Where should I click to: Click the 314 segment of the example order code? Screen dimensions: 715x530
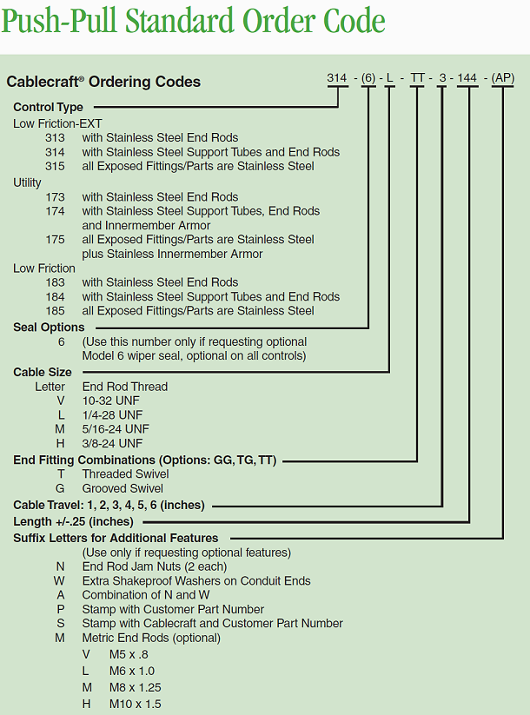(x=337, y=78)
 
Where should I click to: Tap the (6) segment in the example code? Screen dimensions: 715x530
(x=369, y=78)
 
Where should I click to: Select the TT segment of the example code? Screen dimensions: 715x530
(x=418, y=78)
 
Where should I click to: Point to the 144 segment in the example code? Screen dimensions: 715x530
(x=467, y=78)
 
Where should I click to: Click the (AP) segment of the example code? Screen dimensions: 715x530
(x=503, y=78)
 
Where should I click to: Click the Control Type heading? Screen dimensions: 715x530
(x=48, y=108)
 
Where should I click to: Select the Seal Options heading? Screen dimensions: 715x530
(x=49, y=328)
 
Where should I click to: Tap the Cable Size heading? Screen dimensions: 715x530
(x=42, y=372)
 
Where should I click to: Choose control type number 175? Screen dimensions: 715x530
(x=55, y=240)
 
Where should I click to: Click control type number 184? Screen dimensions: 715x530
(x=55, y=297)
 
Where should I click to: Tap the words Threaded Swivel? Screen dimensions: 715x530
(x=125, y=474)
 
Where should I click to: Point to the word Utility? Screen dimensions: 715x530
(x=27, y=182)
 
